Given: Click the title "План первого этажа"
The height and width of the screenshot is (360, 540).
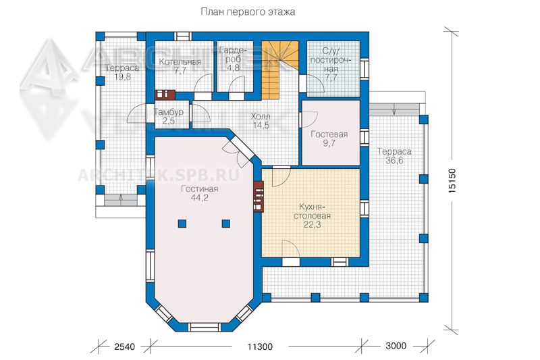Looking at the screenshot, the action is pyautogui.click(x=248, y=12).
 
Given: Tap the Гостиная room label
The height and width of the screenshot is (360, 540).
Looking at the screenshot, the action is pyautogui.click(x=199, y=189).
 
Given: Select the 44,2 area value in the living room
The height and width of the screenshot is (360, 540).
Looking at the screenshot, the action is pyautogui.click(x=200, y=198).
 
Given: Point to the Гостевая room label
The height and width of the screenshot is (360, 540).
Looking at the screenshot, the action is pyautogui.click(x=329, y=134).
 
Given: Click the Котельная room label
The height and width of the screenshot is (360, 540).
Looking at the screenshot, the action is pyautogui.click(x=180, y=62).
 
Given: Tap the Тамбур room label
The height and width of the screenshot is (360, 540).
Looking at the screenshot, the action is pyautogui.click(x=168, y=112).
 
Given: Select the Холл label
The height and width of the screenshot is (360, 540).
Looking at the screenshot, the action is pyautogui.click(x=261, y=116).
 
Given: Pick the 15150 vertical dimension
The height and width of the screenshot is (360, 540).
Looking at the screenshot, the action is pyautogui.click(x=452, y=180).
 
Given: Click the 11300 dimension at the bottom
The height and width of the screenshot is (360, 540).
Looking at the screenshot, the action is pyautogui.click(x=260, y=346).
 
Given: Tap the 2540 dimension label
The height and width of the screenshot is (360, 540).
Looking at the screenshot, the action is pyautogui.click(x=124, y=346).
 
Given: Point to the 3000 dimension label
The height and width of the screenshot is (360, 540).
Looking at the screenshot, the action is pyautogui.click(x=396, y=346).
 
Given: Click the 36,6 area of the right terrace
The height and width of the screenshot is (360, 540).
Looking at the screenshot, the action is pyautogui.click(x=394, y=160).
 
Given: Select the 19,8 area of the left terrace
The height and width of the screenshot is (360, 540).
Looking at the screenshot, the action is pyautogui.click(x=123, y=76).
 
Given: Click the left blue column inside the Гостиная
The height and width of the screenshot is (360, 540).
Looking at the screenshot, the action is pyautogui.click(x=182, y=224).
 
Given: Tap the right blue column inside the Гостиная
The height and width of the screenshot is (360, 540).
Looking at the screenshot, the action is pyautogui.click(x=225, y=224).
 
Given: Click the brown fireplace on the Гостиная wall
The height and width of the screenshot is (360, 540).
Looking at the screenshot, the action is pyautogui.click(x=259, y=197).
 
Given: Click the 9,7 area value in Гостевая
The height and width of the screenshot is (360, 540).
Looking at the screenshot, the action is pyautogui.click(x=329, y=143).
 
